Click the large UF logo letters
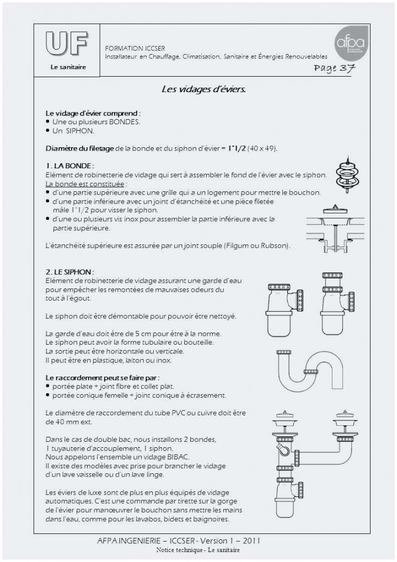pyautogui.click(x=67, y=44)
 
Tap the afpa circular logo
pyautogui.click(x=351, y=43)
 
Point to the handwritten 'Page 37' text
pyautogui.click(x=334, y=68)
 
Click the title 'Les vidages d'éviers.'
pyautogui.click(x=203, y=89)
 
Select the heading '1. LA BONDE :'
pyautogui.click(x=69, y=165)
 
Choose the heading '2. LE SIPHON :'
pyautogui.click(x=70, y=272)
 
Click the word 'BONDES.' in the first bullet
pyautogui.click(x=124, y=122)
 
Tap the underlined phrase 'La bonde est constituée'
pyautogui.click(x=84, y=184)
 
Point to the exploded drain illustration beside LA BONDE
pyautogui.click(x=347, y=174)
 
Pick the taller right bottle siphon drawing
pyautogui.click(x=337, y=303)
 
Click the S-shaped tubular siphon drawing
pyautogui.click(x=309, y=371)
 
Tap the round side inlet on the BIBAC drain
pyautogui.click(x=284, y=449)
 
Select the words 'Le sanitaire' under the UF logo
pyautogui.click(x=68, y=67)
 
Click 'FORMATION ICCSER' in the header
pyautogui.click(x=135, y=48)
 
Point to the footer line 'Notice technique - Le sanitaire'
pyautogui.click(x=198, y=550)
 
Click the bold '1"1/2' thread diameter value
pyautogui.click(x=237, y=148)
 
